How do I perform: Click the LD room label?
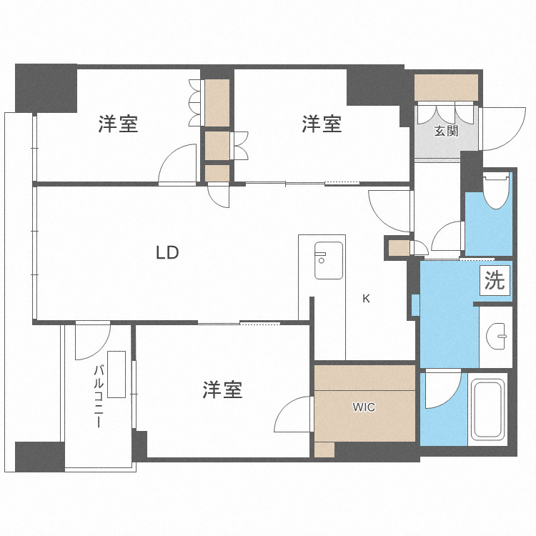tap(167, 252)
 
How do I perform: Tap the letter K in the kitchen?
tap(366, 299)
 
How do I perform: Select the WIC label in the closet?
tap(364, 407)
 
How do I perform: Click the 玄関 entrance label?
tap(446, 131)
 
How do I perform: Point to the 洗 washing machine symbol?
tap(494, 280)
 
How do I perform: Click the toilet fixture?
tap(495, 189)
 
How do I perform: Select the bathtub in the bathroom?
tap(488, 408)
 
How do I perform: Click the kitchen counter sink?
tap(329, 262)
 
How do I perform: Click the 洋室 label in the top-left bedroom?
tap(118, 125)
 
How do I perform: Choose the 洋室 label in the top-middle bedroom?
tap(322, 124)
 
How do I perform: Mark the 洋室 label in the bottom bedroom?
tap(222, 390)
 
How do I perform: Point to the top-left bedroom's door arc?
tap(178, 165)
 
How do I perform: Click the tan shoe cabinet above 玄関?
tap(446, 88)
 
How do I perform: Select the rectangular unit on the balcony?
tap(116, 374)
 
